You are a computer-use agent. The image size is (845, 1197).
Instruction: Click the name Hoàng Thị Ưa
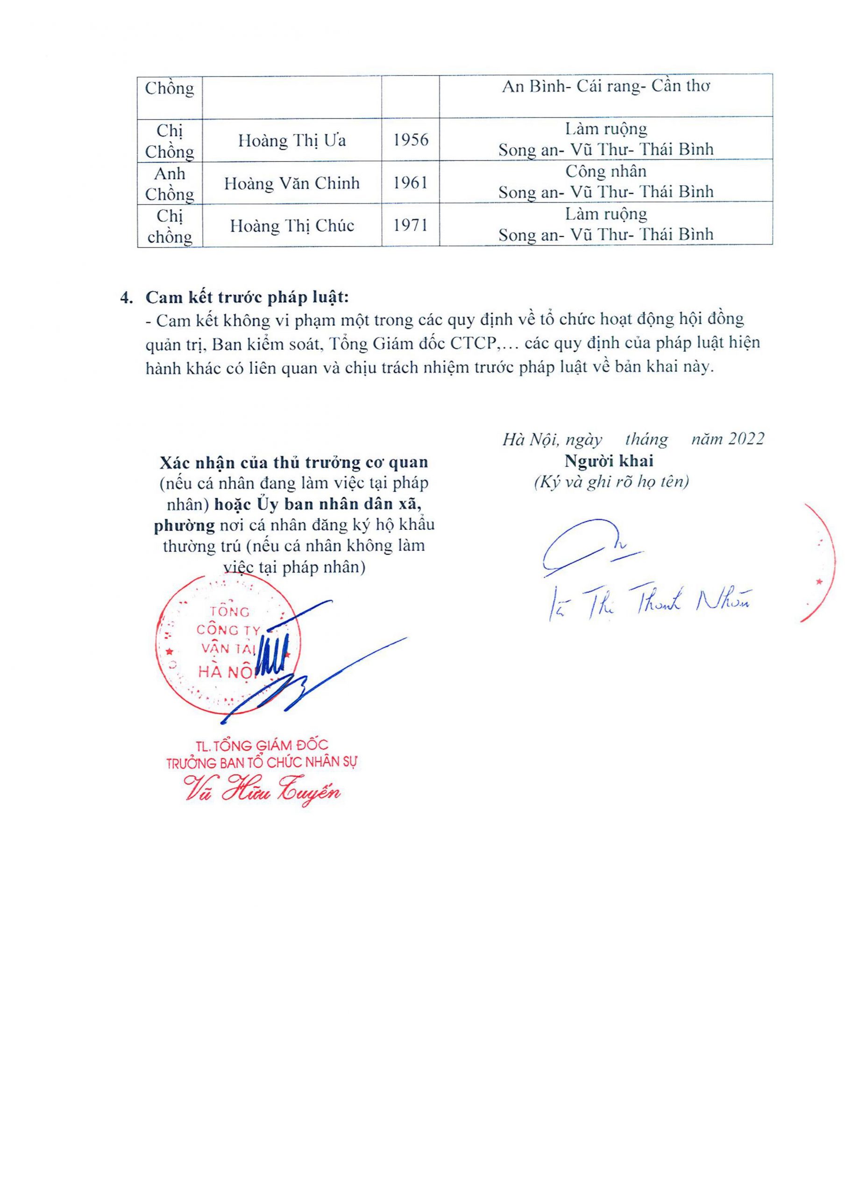pos(292,141)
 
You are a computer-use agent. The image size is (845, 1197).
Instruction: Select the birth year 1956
pos(411,140)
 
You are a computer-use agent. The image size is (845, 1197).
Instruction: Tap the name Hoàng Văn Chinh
pos(292,183)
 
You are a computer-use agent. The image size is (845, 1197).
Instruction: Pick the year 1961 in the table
pos(411,182)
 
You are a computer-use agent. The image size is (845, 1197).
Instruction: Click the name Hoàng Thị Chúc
pos(292,226)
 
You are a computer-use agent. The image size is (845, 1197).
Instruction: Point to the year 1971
pos(411,225)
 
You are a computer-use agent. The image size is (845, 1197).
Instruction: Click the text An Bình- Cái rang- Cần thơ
pos(605,87)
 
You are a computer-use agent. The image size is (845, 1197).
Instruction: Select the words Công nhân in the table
pos(605,172)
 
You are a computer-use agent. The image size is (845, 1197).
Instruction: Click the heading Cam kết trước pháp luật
pos(247,297)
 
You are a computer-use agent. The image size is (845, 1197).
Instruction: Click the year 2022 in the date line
pos(746,439)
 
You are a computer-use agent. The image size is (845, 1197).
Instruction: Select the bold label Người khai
pos(609,461)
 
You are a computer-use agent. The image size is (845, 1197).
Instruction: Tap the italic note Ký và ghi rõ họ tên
pos(611,481)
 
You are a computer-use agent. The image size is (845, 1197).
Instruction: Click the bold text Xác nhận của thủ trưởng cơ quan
pos(294,462)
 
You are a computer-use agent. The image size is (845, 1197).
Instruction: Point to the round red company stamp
pos(228,644)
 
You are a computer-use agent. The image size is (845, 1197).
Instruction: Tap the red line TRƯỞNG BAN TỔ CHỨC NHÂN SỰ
pos(262,763)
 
